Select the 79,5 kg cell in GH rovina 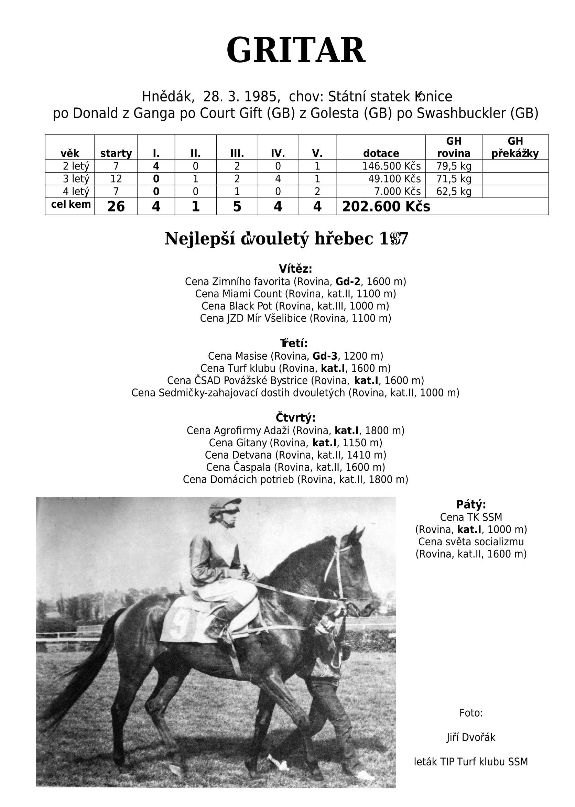(454, 166)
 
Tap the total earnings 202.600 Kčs (386, 207)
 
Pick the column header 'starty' (116, 154)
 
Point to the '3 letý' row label (76, 179)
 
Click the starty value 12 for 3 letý (116, 179)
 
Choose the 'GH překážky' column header (515, 148)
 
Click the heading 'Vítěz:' (295, 269)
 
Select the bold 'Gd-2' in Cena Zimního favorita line (348, 282)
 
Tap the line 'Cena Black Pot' (295, 306)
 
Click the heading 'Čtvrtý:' (295, 418)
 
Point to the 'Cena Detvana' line (295, 455)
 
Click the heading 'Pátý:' (471, 504)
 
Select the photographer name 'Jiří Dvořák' (471, 738)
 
